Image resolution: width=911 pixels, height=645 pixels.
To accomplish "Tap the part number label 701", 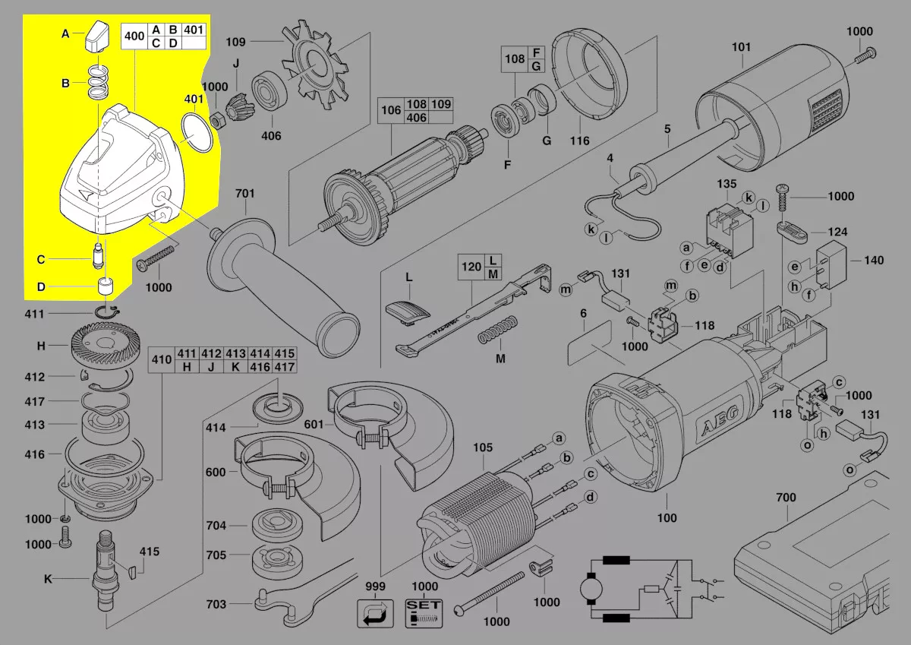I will (x=244, y=194).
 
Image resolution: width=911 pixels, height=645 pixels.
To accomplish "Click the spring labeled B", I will (x=96, y=83).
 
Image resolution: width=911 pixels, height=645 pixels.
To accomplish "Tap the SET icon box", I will (x=424, y=612).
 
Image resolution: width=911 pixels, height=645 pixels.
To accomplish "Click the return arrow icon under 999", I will (x=375, y=612).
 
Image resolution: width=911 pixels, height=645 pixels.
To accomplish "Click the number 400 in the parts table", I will (x=134, y=36).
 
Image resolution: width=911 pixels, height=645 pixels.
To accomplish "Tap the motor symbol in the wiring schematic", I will (x=588, y=589).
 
